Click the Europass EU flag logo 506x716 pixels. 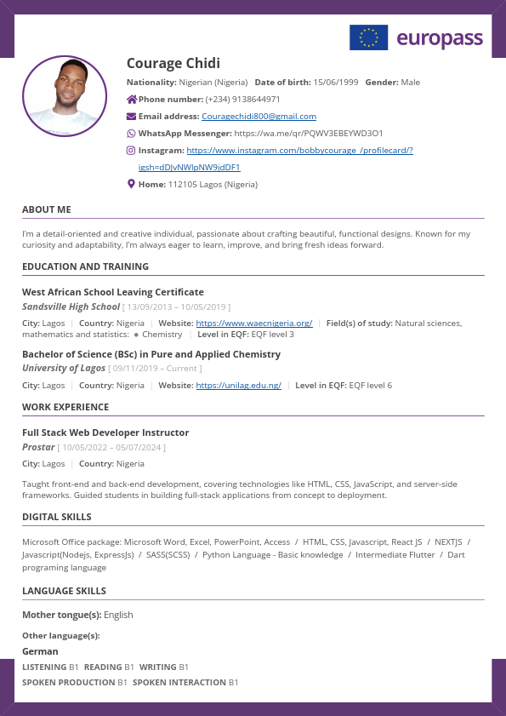(x=368, y=37)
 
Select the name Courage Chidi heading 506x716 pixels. (x=173, y=63)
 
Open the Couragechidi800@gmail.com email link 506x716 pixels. (x=259, y=117)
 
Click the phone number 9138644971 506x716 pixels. (x=254, y=100)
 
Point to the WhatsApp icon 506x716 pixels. (x=131, y=134)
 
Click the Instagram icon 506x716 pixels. (x=131, y=150)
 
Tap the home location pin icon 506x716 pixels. (x=131, y=184)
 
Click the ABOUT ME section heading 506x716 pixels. (x=47, y=209)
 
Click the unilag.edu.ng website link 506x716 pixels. (x=238, y=386)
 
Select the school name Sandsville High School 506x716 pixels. (x=71, y=306)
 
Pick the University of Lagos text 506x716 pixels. (x=64, y=369)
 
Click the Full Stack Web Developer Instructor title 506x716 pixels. (x=105, y=432)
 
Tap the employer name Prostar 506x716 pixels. (x=38, y=447)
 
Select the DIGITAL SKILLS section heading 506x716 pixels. (x=57, y=517)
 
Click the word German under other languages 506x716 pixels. (x=40, y=651)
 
